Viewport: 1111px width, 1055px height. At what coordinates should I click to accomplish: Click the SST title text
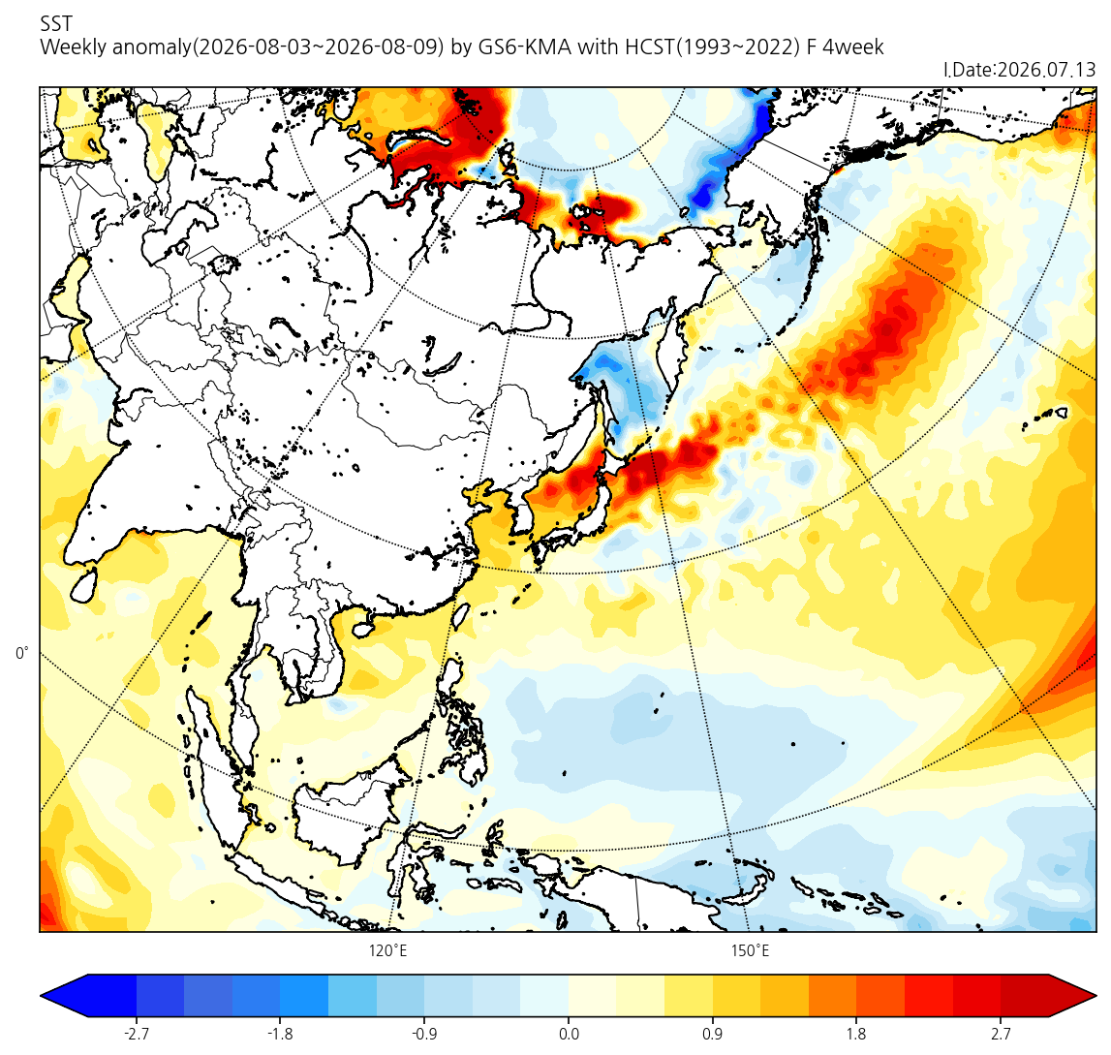56,24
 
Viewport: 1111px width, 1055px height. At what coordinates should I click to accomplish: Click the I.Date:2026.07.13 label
1019,70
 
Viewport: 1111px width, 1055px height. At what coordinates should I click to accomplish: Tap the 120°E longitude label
387,950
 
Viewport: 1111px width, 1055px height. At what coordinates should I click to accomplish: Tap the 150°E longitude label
751,950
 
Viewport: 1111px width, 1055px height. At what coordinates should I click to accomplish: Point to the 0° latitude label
22,653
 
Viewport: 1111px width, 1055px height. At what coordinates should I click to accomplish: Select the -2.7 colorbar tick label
136,1035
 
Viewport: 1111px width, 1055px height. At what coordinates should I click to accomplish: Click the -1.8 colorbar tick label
280,1035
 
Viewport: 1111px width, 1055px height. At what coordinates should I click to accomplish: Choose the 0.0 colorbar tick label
569,1035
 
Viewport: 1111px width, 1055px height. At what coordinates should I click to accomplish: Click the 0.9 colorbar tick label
712,1035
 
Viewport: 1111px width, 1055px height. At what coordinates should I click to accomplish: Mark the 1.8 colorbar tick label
856,1035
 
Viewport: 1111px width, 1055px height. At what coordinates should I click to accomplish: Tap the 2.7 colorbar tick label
1001,1035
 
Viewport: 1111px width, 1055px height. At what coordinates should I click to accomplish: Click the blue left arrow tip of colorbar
41,996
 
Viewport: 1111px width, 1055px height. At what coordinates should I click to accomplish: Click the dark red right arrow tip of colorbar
1096,996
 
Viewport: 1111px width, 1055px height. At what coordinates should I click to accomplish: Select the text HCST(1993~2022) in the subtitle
713,47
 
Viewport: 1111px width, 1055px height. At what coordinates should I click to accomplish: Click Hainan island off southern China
362,629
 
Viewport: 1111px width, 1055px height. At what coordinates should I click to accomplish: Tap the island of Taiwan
460,615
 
